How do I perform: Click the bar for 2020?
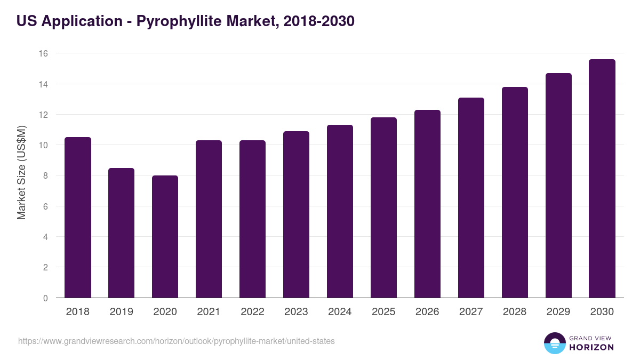click(x=165, y=237)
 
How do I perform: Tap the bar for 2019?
click(x=121, y=233)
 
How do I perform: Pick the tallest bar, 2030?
click(x=602, y=179)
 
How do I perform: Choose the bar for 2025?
click(x=383, y=207)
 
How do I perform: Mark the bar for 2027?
click(x=471, y=198)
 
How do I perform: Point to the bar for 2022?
click(x=252, y=219)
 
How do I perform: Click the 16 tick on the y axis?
click(x=43, y=53)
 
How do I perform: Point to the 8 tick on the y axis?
click(x=45, y=175)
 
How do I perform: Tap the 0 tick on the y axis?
click(x=45, y=298)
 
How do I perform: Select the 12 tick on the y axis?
click(x=43, y=115)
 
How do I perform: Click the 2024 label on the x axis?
click(x=340, y=312)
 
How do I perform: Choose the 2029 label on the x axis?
click(x=558, y=312)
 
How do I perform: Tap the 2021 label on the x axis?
click(x=209, y=312)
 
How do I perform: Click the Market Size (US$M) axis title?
click(x=21, y=172)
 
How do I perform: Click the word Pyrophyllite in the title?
click(x=180, y=21)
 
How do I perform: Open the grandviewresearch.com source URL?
click(x=177, y=341)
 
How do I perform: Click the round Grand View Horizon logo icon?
click(x=555, y=343)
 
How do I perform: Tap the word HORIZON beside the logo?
click(x=591, y=347)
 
